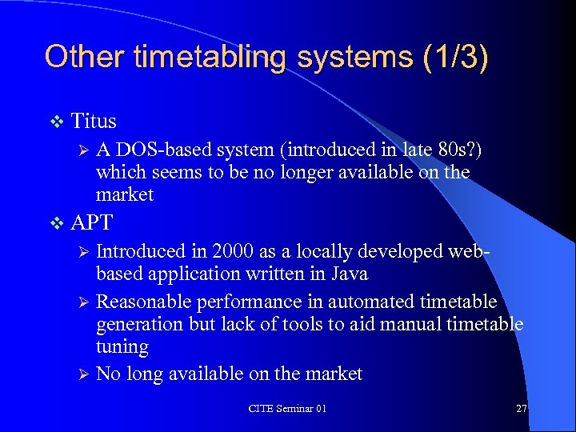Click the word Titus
[94, 122]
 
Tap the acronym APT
[92, 222]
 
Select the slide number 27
[522, 408]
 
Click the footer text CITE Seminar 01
[287, 408]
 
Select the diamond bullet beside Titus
[56, 122]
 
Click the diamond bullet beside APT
[56, 222]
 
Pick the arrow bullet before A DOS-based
[80, 150]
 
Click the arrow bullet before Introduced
[80, 251]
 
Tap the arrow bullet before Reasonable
[80, 302]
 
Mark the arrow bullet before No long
[80, 374]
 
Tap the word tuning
[122, 347]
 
